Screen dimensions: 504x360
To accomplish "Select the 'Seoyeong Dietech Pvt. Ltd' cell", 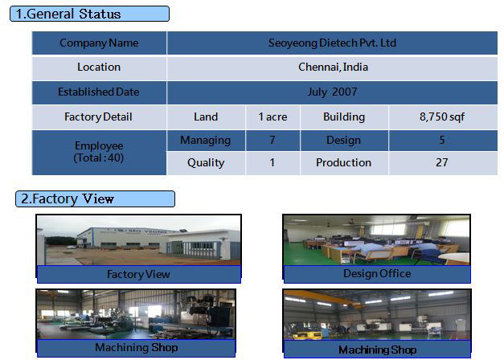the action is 332,43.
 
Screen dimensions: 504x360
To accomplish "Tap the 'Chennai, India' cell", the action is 332,67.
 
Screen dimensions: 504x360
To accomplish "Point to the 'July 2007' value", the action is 332,92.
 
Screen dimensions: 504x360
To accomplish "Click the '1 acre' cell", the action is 272,117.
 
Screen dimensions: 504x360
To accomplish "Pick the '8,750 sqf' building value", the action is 443,117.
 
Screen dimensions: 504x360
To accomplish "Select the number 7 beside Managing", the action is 272,140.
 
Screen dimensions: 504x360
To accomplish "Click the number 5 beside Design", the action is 442,140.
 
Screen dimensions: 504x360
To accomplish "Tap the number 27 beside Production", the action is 442,162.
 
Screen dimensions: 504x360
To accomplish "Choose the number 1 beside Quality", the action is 272,162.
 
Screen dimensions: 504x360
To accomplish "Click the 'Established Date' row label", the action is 99,92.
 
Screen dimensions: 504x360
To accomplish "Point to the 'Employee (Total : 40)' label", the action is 99,152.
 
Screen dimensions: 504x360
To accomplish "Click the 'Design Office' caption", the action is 377,273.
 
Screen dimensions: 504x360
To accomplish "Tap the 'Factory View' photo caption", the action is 138,275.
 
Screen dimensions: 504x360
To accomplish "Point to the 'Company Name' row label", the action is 99,43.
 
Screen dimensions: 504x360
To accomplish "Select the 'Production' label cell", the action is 344,163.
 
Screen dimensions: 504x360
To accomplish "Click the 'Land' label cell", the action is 206,117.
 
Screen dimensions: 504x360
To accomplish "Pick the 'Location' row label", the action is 99,67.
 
